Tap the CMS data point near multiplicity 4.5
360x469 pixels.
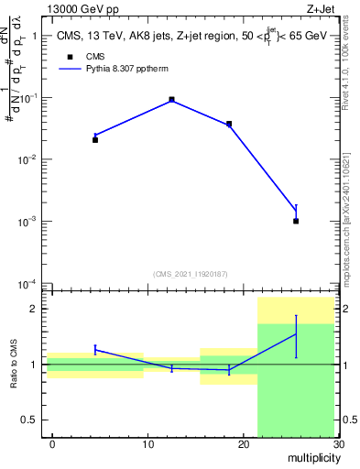[95, 139]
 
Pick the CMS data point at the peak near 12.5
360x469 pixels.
[171, 100]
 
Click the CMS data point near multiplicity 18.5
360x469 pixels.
[229, 124]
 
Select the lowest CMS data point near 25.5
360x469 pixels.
[296, 221]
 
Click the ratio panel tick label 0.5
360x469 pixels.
[27, 420]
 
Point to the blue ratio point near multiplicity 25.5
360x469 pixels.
[296, 334]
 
